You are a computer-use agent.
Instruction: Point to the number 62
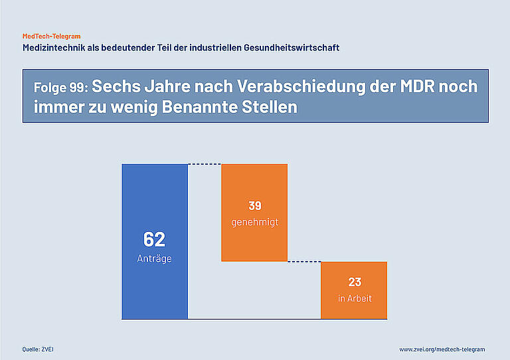click(x=154, y=240)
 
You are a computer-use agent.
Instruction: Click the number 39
click(x=255, y=206)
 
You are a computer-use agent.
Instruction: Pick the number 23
click(x=355, y=282)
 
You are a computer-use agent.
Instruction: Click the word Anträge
click(x=154, y=258)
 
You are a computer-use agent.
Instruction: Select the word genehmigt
click(x=255, y=222)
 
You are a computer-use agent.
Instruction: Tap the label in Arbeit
click(x=355, y=298)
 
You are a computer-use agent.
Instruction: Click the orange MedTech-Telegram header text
click(x=52, y=36)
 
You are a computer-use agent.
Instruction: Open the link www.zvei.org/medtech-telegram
click(x=442, y=349)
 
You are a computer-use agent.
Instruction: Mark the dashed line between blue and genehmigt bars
click(x=205, y=164)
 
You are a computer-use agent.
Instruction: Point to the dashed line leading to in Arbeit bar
click(x=304, y=262)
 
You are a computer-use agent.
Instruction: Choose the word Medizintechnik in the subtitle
click(x=55, y=48)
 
